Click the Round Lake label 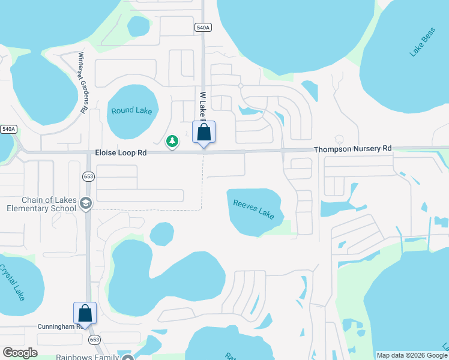(x=131, y=111)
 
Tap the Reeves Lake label (x=253, y=209)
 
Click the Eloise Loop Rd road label (x=121, y=153)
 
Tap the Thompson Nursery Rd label (x=352, y=148)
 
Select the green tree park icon (x=172, y=141)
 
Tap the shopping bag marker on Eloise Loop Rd (x=203, y=133)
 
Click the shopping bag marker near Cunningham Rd (x=85, y=314)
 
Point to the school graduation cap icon (x=85, y=204)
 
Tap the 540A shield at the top (x=203, y=28)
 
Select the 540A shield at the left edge (x=8, y=129)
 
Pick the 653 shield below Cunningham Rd (x=94, y=339)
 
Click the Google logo (x=20, y=353)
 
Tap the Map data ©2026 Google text (x=412, y=355)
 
